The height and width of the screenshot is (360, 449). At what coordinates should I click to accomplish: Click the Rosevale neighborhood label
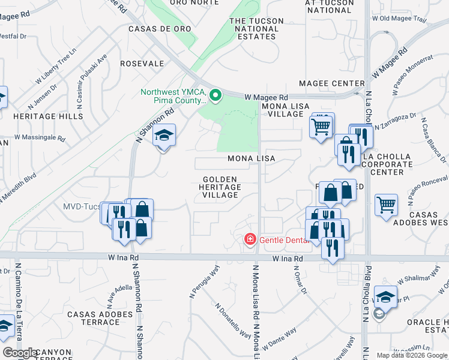tap(142, 63)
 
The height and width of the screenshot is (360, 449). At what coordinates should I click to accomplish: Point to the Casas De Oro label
tap(160, 29)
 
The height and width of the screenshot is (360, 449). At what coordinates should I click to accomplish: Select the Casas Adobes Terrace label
tap(100, 318)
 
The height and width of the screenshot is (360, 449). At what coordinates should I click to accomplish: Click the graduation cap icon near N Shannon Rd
tap(163, 136)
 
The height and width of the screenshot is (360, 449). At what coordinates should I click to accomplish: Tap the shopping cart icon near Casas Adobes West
tap(387, 205)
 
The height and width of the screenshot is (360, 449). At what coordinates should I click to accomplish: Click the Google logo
tap(20, 353)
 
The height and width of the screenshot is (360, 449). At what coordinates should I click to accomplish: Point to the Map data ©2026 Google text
tap(411, 355)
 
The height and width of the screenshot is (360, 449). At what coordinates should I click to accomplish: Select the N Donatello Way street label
tap(234, 320)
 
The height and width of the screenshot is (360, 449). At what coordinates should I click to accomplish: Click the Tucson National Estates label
tap(256, 29)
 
